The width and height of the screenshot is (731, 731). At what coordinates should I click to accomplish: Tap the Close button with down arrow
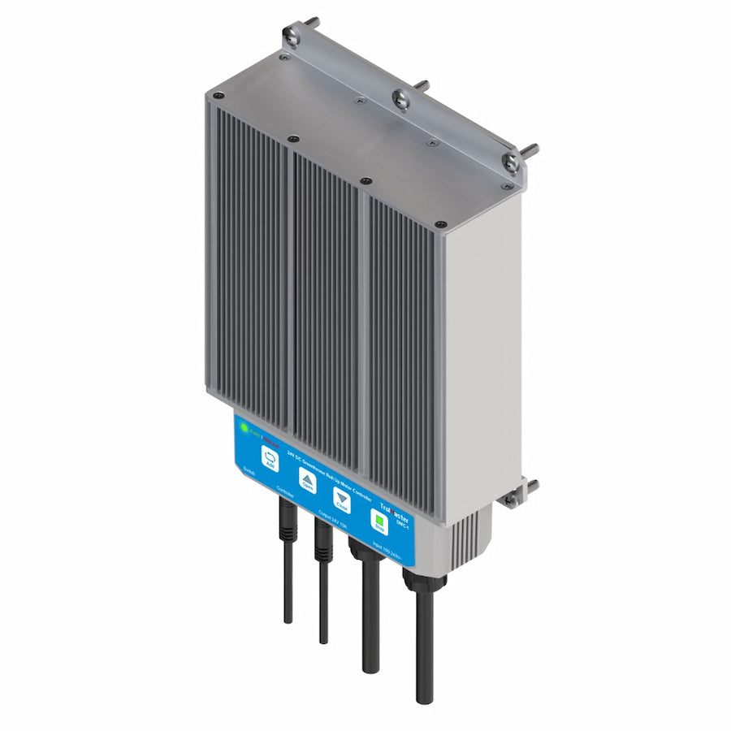click(x=342, y=500)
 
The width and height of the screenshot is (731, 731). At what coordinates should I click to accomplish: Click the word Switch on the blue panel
click(x=249, y=472)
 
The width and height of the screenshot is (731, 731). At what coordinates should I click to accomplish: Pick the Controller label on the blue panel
click(x=285, y=491)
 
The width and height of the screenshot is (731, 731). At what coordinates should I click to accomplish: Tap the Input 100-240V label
click(x=390, y=548)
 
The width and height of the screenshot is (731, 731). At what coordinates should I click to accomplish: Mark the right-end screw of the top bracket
click(x=511, y=162)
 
